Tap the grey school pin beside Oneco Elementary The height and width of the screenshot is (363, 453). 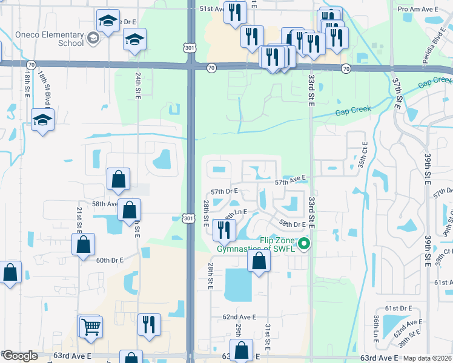tap(93, 39)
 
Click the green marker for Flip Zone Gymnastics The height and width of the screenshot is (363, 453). tap(305, 244)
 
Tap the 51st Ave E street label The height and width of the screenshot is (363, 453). tap(214, 9)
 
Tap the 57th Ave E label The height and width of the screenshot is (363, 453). tap(291, 181)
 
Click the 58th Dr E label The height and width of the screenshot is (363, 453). tap(293, 224)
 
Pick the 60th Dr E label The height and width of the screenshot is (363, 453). tap(110, 260)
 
